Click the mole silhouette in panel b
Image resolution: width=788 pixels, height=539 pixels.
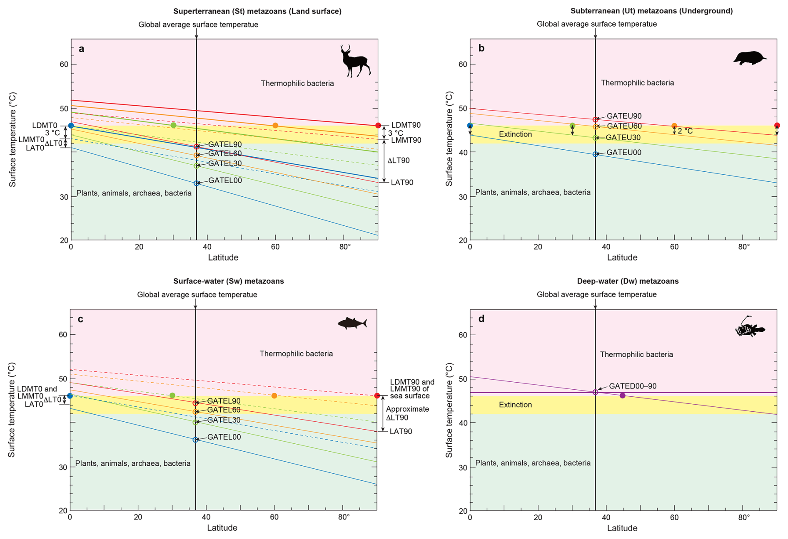pos(749,58)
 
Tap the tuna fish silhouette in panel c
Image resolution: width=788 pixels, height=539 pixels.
pos(352,323)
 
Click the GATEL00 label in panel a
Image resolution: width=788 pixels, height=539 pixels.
pos(225,180)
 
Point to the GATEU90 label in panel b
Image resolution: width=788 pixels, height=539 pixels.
pos(624,116)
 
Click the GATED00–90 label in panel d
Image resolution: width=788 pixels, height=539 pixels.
pos(632,386)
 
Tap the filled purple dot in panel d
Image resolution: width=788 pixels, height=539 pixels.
pos(622,396)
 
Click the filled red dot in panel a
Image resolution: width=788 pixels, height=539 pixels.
pos(378,125)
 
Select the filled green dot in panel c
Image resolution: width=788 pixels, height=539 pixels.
pos(172,395)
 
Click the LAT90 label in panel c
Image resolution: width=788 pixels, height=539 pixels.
pos(401,431)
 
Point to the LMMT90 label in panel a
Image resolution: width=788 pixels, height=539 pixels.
pos(406,140)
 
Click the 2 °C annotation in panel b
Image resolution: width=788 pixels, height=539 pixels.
pos(685,131)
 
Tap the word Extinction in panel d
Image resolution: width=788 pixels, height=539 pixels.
pos(515,405)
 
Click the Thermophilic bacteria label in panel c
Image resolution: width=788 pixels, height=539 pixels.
pos(296,354)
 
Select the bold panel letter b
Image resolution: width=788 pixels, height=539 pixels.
pos(481,48)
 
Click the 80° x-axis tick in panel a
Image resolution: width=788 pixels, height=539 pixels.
pos(345,247)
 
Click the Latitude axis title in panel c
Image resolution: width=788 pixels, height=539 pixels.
pos(222,528)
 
